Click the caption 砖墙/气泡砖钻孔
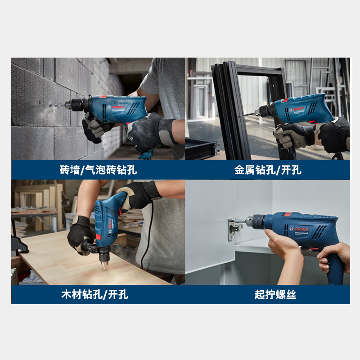(x=98, y=170)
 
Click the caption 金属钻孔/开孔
(x=268, y=170)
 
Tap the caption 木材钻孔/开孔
(x=94, y=295)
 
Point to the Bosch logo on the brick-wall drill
(x=119, y=106)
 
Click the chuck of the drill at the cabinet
(x=256, y=221)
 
